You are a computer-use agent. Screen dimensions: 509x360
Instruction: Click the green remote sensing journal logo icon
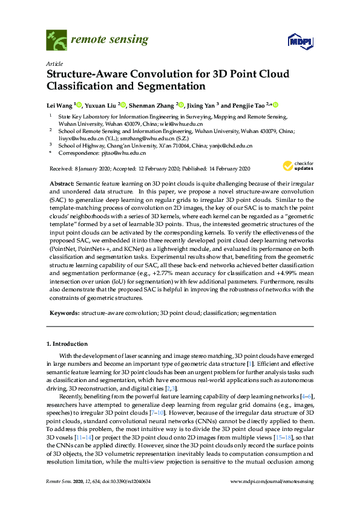(56, 41)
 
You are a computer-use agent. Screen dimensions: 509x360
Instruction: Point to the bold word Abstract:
(63, 183)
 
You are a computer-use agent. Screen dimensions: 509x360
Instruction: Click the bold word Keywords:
(63, 313)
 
